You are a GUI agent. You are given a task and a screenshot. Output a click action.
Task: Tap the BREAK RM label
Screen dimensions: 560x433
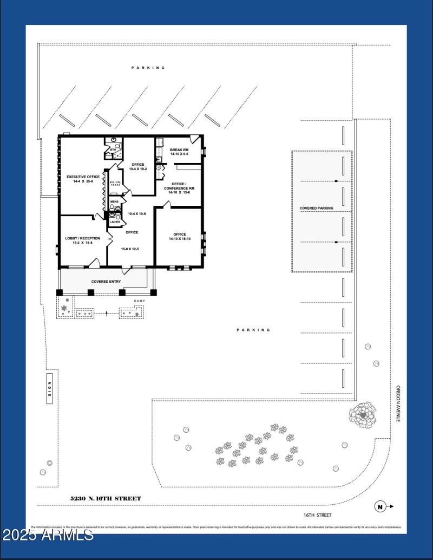coord(179,150)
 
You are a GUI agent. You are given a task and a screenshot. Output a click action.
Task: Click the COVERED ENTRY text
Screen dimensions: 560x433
coord(106,282)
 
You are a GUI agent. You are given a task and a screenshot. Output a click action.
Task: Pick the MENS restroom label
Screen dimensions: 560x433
coord(114,202)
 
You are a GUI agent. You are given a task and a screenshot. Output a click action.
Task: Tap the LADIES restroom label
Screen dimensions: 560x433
coord(115,222)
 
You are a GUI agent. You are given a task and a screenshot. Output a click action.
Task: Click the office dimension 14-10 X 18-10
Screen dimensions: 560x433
coord(180,239)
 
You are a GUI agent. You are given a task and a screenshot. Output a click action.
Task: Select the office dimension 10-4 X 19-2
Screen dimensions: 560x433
coord(137,169)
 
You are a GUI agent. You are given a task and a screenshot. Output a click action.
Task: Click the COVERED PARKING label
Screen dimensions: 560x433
coord(317,209)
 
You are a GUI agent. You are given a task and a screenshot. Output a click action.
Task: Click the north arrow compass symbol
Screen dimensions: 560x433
coord(381,507)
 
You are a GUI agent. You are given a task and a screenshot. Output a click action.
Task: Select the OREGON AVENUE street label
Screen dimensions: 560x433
coord(398,403)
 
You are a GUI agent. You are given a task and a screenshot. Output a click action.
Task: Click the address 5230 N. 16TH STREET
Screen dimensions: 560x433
coord(106,498)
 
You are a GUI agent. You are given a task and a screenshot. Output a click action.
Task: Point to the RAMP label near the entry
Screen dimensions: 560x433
coord(140,301)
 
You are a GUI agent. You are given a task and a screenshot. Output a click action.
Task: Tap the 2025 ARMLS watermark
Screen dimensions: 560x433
coord(48,536)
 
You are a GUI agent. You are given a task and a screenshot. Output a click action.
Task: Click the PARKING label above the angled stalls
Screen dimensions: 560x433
coord(148,68)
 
